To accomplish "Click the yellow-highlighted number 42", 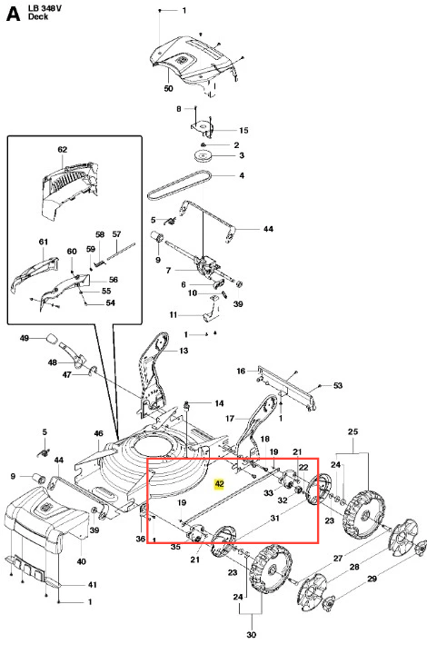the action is point(219,484).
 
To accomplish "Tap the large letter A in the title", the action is point(14,14).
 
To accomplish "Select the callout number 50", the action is point(168,88).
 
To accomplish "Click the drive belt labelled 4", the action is point(179,185).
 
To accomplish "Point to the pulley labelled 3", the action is point(204,156).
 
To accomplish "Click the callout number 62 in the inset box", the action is point(63,149).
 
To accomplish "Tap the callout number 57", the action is point(117,234).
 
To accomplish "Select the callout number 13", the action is point(184,351).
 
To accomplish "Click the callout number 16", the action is point(241,371).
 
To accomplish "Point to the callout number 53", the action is point(338,385).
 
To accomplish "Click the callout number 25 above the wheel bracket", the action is point(353,431).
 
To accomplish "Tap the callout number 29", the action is point(372,579).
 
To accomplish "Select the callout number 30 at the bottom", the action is point(251,634).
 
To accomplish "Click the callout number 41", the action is point(92,585).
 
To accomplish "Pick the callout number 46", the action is point(98,433).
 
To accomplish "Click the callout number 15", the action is point(244,131).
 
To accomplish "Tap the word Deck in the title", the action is point(38,16).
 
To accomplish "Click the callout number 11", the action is point(174,315).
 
